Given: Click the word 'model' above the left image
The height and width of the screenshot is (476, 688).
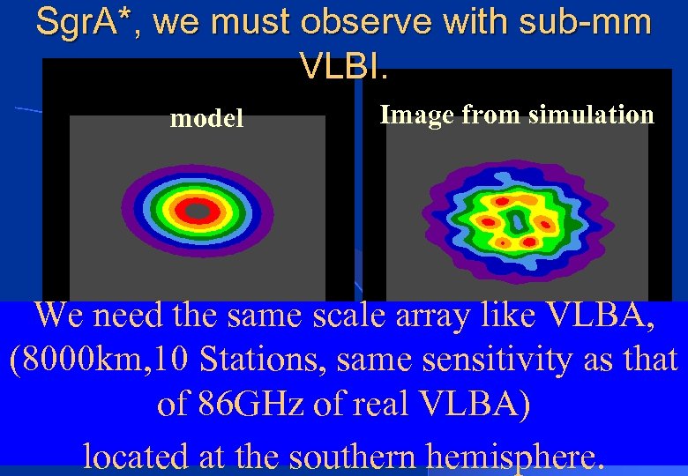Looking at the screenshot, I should [x=206, y=118].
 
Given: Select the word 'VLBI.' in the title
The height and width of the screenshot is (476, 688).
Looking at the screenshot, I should [x=344, y=63].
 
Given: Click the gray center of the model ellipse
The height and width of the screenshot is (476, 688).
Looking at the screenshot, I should [x=197, y=212].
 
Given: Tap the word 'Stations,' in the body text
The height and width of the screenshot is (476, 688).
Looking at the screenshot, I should [x=269, y=360].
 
